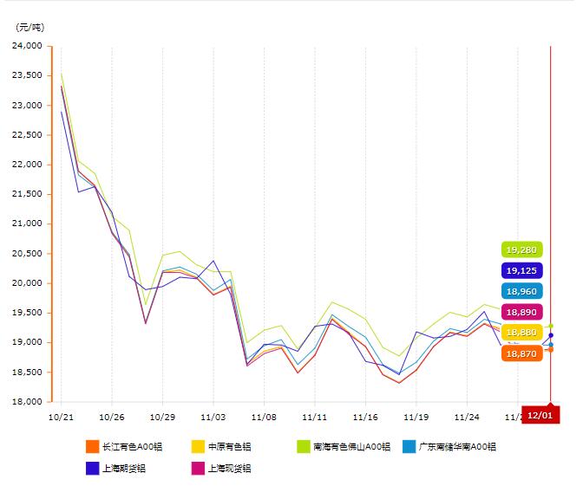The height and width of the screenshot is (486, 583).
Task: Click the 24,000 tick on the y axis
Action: point(29,46)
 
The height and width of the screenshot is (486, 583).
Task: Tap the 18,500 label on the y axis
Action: point(29,372)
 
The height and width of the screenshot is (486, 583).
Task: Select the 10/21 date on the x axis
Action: point(61,416)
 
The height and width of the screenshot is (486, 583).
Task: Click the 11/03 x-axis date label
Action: point(213,416)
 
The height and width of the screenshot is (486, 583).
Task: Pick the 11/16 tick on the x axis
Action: point(366,416)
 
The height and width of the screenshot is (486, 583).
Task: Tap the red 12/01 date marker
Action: point(540,415)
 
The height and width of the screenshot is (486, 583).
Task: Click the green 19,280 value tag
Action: point(521,249)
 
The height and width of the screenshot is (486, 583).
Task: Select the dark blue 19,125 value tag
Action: point(521,270)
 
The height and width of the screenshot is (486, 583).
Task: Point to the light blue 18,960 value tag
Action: point(521,291)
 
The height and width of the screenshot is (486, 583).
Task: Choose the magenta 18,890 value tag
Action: point(521,312)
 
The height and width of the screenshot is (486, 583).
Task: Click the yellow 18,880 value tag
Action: point(521,333)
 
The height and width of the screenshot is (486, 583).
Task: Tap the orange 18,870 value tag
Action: point(521,353)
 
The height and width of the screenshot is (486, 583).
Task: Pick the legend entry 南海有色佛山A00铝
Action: point(343,447)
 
